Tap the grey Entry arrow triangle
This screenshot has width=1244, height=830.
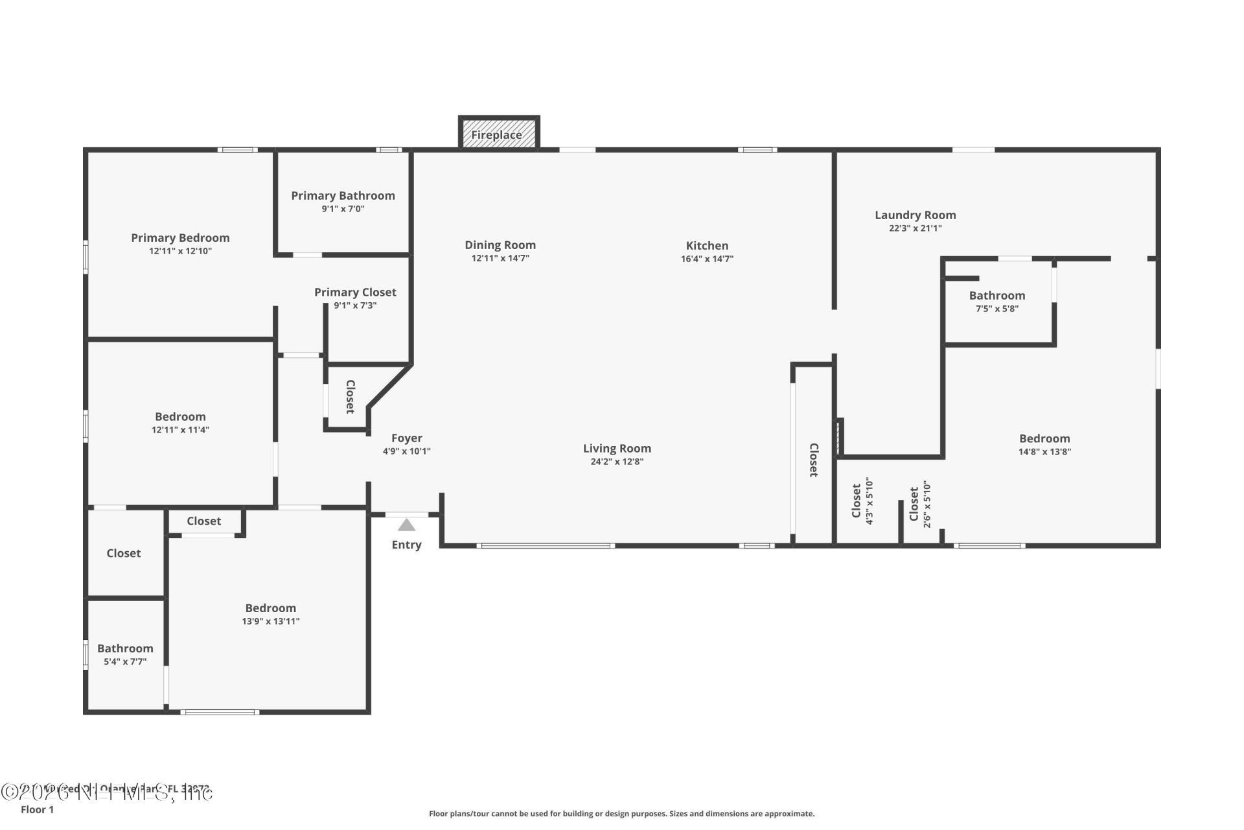(406, 525)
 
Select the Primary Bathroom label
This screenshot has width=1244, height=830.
(343, 195)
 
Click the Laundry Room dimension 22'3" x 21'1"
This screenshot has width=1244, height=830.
(915, 228)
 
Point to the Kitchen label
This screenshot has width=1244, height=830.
(707, 245)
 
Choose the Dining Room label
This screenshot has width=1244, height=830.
(500, 244)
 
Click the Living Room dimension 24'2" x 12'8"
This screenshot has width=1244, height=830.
(617, 462)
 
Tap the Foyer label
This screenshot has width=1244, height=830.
(406, 438)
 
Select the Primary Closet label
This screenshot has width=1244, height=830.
(355, 292)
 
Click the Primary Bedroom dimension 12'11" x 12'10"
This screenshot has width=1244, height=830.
(180, 251)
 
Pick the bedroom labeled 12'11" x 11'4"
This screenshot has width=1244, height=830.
(180, 422)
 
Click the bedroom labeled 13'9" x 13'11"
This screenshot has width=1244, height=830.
(270, 613)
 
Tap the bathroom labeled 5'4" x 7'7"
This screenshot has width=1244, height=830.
(125, 654)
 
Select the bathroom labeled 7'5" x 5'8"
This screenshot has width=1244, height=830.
(996, 301)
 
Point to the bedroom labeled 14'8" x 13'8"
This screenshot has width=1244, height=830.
(1044, 444)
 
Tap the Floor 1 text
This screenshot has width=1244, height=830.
(37, 809)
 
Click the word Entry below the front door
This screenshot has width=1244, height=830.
(406, 545)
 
